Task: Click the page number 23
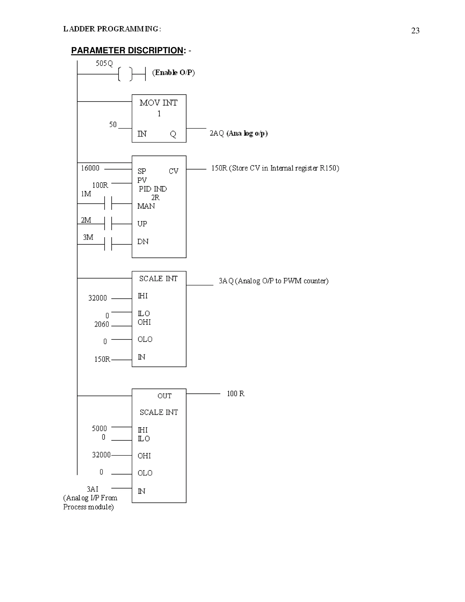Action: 415,31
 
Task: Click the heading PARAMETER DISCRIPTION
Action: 127,50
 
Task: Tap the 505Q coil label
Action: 104,63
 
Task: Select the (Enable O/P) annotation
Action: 173,72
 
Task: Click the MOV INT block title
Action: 158,103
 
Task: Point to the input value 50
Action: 113,124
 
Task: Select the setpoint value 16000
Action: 90,168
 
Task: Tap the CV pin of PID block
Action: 173,171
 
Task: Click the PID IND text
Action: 153,189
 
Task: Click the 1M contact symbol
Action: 108,203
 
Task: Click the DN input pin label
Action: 143,242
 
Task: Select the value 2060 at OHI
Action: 102,324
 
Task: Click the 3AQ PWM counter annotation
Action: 273,281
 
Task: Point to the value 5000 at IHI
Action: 99,428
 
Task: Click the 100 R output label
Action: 235,394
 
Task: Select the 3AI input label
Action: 93,489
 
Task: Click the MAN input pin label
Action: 146,206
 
